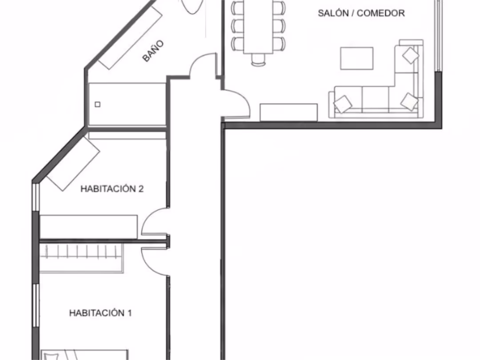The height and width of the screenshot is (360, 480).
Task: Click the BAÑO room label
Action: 153,51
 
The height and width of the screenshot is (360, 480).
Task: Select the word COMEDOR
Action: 381,13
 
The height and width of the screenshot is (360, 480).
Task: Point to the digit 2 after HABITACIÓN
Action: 141,189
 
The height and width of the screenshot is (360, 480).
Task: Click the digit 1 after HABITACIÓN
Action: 129,313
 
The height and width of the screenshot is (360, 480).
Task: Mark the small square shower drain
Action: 97,104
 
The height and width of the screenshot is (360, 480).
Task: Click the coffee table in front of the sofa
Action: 356,59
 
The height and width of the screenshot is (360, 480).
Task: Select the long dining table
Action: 258,27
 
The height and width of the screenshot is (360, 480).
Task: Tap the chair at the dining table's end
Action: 258,60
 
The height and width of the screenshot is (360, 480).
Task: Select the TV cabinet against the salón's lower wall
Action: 289,112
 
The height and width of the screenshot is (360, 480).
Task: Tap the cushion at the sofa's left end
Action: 343,104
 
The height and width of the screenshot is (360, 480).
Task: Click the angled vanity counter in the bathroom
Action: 130,37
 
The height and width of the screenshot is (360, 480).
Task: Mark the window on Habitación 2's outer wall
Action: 36,196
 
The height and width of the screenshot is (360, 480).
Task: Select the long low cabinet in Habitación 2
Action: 88,227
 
